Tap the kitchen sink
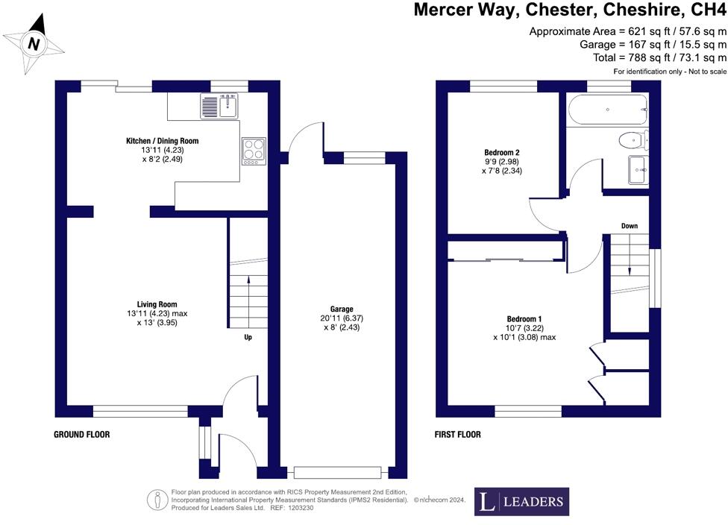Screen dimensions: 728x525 (x=219, y=106)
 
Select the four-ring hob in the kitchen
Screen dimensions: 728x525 (x=253, y=150)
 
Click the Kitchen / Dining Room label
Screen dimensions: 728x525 (x=162, y=140)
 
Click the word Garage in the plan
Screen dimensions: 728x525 (x=342, y=309)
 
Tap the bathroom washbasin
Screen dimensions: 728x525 (x=639, y=169)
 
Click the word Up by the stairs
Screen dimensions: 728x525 (x=248, y=337)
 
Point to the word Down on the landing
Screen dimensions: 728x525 (x=630, y=226)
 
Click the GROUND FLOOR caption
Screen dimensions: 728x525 (x=82, y=434)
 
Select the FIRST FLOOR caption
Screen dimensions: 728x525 (x=458, y=434)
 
